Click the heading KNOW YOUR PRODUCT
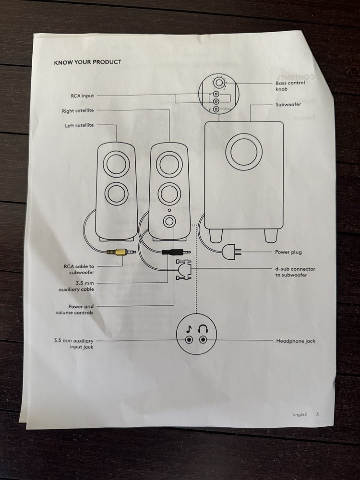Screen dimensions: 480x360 87,62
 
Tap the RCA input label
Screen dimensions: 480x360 82,96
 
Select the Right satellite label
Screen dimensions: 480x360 78,111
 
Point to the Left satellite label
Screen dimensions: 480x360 79,126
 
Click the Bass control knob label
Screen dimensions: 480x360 289,86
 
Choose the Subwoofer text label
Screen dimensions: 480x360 288,104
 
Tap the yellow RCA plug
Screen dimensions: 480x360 119,252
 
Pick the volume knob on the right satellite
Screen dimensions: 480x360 169,222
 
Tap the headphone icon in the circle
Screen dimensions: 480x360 203,328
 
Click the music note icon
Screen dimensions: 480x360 189,329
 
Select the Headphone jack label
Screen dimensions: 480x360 295,341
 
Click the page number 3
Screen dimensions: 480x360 317,414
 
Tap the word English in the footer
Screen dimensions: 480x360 300,414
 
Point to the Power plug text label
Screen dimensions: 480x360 288,252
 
